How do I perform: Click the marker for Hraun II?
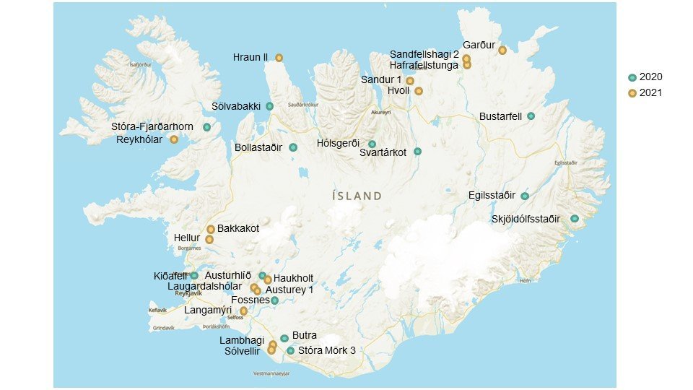pyautogui.click(x=279, y=58)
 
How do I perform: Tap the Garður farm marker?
pyautogui.click(x=502, y=51)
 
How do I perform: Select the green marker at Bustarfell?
pyautogui.click(x=531, y=116)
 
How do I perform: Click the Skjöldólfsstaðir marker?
pyautogui.click(x=575, y=219)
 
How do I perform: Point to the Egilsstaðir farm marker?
pyautogui.click(x=525, y=196)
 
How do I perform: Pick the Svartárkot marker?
pyautogui.click(x=417, y=152)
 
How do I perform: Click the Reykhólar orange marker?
pyautogui.click(x=174, y=139)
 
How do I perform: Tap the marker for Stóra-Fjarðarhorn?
pyautogui.click(x=207, y=127)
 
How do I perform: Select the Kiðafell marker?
pyautogui.click(x=194, y=275)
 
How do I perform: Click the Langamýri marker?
pyautogui.click(x=243, y=311)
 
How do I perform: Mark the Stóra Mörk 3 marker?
pyautogui.click(x=290, y=351)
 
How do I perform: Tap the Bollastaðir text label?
pyautogui.click(x=261, y=147)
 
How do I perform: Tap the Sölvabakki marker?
pyautogui.click(x=269, y=106)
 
